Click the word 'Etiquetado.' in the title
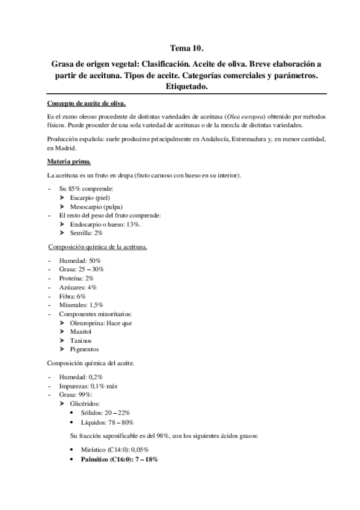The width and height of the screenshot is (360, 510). click(x=187, y=88)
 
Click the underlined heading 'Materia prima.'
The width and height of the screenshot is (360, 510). click(x=69, y=161)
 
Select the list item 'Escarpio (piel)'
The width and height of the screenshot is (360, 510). click(x=90, y=197)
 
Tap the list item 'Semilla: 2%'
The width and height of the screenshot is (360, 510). click(x=87, y=232)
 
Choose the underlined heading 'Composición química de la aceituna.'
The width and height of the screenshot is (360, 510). click(x=97, y=247)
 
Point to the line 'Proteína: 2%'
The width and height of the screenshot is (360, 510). click(x=76, y=278)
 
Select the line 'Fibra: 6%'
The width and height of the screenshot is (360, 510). click(x=73, y=296)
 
